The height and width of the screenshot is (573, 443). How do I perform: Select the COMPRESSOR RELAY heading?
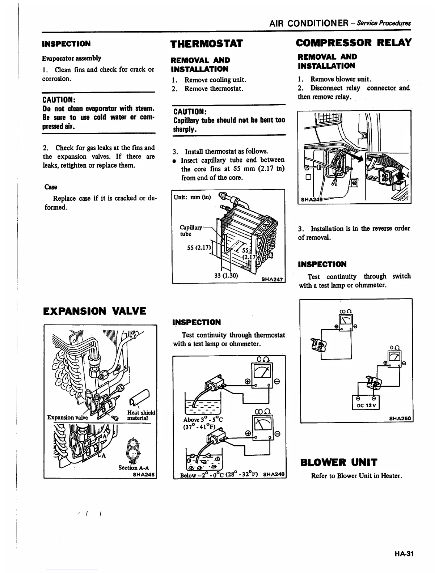354,43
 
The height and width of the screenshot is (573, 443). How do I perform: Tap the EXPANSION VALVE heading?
94,311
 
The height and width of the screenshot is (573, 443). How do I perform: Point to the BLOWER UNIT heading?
339,463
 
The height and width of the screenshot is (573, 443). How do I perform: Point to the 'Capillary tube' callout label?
190,230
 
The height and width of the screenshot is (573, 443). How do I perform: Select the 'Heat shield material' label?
141,415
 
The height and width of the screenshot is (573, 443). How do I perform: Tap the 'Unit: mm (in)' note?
192,197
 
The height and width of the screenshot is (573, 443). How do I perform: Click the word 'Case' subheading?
51,187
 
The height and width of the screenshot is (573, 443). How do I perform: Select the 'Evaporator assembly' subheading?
72,58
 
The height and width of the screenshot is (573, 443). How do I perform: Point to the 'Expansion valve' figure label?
67,417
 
